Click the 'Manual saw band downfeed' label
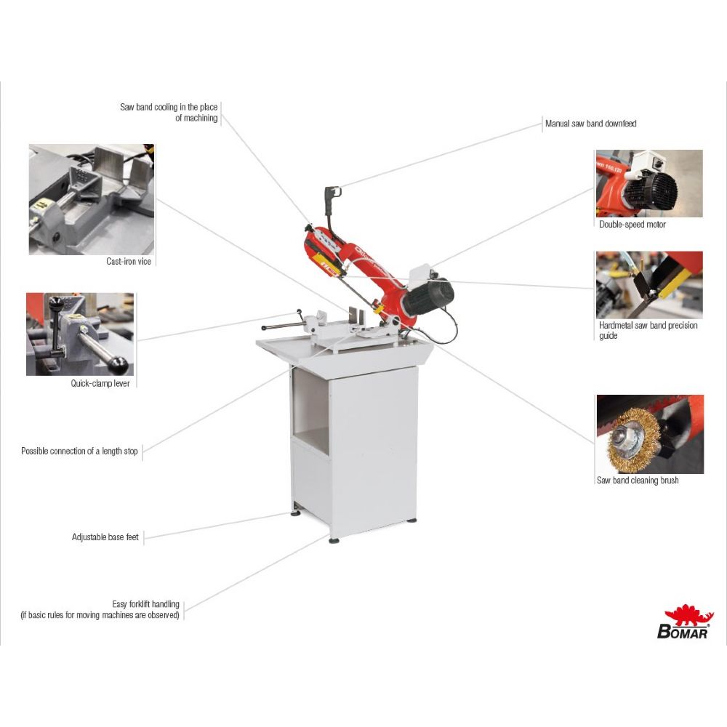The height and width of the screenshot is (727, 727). tap(590, 124)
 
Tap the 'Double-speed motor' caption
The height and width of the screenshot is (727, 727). tap(632, 225)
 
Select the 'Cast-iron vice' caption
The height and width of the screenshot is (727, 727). tap(129, 262)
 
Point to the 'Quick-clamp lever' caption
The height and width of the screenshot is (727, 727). tap(100, 383)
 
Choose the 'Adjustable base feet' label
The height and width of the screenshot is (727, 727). tap(105, 537)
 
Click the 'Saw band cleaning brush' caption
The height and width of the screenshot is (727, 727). tap(638, 481)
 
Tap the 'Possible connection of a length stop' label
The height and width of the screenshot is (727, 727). tap(79, 451)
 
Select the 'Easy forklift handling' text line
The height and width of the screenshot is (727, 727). tap(145, 604)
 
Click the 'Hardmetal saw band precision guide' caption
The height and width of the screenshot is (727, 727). tap(648, 331)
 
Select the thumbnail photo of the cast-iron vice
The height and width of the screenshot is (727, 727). tap(92, 199)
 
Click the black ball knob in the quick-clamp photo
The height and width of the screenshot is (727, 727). tap(117, 365)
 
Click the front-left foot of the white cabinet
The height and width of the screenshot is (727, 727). tap(334, 539)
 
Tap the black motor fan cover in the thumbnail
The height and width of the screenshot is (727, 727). tap(651, 190)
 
